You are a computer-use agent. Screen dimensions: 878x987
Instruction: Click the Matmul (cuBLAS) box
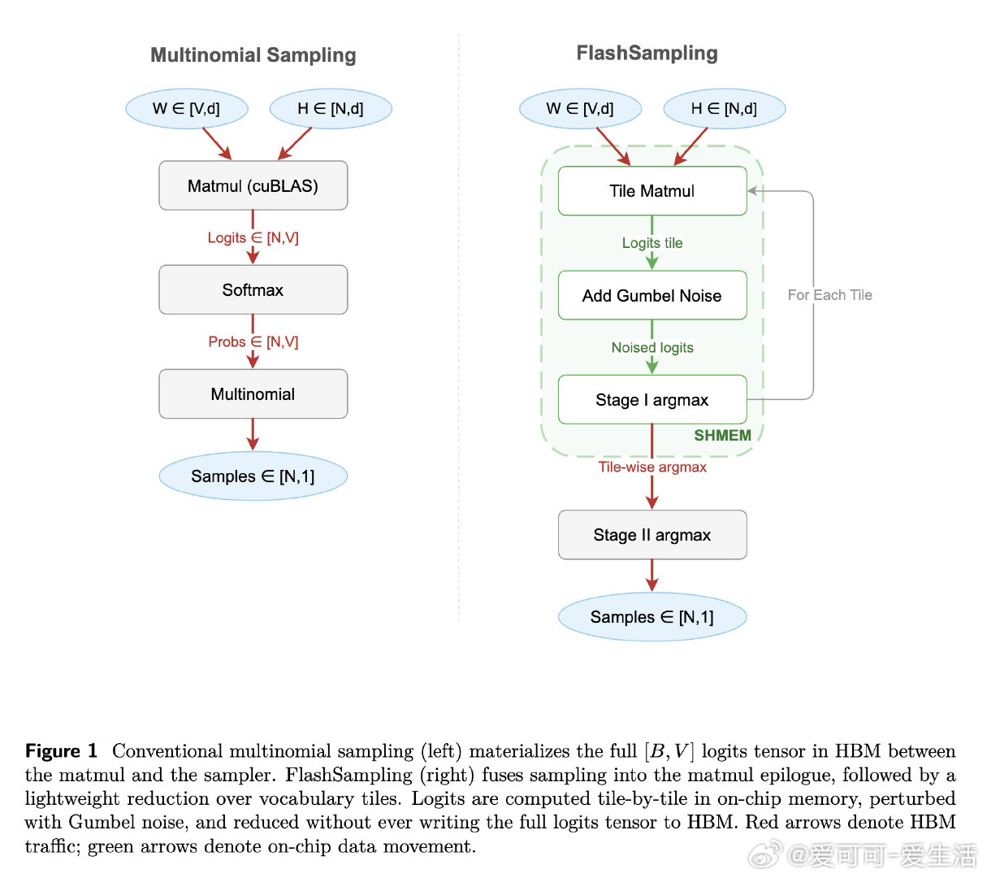(x=253, y=186)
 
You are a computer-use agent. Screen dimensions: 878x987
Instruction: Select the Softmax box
(x=253, y=290)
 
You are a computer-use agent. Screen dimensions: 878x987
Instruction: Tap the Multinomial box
(x=253, y=394)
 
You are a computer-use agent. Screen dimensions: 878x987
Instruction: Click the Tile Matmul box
(x=652, y=191)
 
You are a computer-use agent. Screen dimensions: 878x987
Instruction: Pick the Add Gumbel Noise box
(x=652, y=296)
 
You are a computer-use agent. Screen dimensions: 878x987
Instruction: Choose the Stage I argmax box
(x=652, y=400)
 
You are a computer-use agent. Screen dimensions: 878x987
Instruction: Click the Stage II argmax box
(x=652, y=535)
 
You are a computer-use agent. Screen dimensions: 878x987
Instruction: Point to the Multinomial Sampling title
(x=253, y=55)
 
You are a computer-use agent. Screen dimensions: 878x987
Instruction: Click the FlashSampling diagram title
(x=647, y=54)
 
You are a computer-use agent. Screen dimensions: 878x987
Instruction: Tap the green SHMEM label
(x=722, y=436)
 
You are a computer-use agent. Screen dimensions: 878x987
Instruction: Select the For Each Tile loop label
(x=829, y=295)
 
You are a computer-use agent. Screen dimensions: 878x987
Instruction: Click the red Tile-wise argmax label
(x=652, y=467)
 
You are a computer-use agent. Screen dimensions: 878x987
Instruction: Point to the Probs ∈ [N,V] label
(x=253, y=342)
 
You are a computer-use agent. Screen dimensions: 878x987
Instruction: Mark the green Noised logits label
(x=652, y=348)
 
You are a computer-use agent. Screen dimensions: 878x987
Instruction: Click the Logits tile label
(x=652, y=243)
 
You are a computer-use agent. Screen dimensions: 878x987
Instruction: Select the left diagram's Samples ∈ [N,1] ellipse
(x=253, y=476)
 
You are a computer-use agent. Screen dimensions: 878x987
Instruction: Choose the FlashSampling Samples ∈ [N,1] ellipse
(x=652, y=617)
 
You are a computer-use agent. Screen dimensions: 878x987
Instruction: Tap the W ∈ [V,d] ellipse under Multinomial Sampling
(x=186, y=109)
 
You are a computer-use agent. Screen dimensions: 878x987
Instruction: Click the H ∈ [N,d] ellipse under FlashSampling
(x=724, y=109)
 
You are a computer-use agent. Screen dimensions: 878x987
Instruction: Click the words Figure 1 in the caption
(x=61, y=751)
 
